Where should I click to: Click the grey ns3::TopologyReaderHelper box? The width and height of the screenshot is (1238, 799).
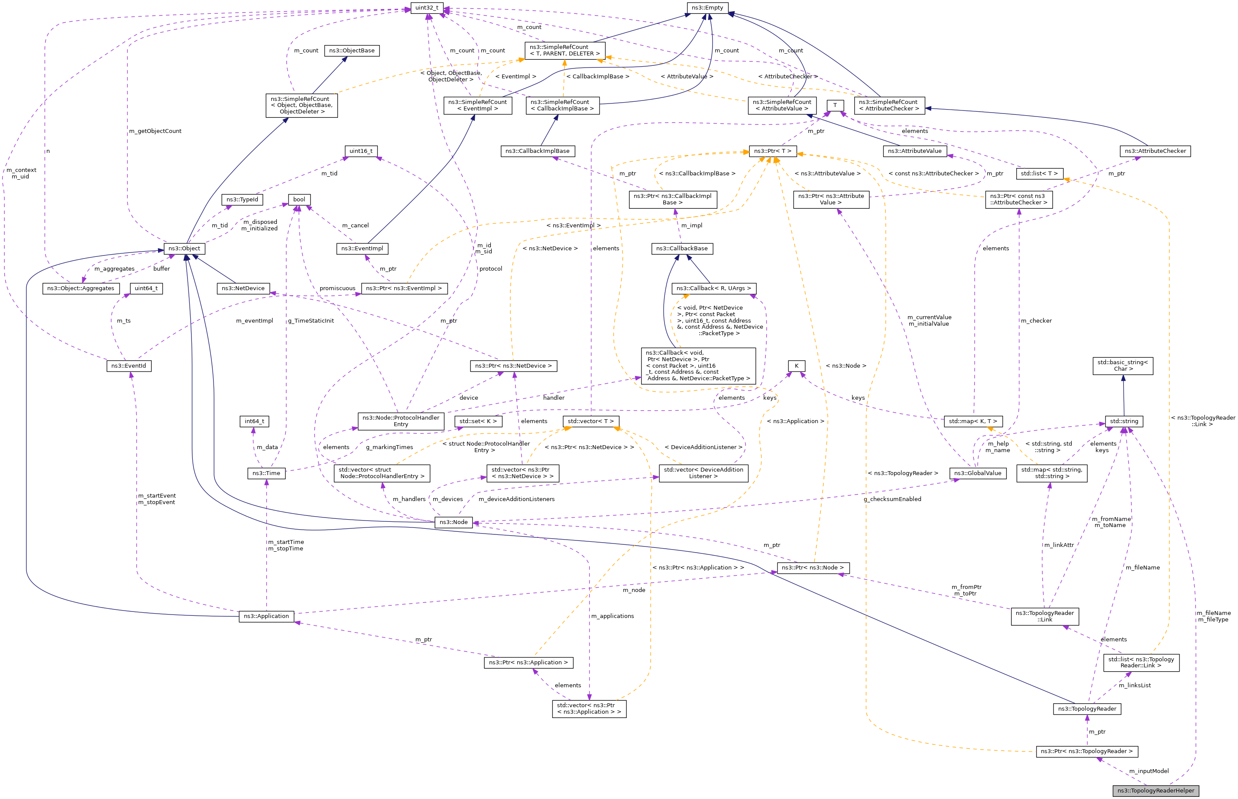(x=1156, y=790)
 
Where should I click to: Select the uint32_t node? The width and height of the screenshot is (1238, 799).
(x=427, y=8)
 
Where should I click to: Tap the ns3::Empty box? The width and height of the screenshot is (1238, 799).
(x=707, y=8)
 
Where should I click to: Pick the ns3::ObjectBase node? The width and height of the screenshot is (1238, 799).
(x=351, y=50)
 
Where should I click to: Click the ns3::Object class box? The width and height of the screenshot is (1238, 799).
(x=184, y=249)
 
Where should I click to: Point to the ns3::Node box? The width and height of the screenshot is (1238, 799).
(x=453, y=522)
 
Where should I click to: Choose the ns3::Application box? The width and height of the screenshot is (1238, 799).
(x=266, y=616)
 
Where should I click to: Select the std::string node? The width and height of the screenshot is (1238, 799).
(x=1124, y=421)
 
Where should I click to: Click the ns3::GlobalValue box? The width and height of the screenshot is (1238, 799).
(x=978, y=473)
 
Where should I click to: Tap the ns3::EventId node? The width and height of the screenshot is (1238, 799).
(x=128, y=366)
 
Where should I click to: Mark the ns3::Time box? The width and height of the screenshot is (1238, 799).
(x=266, y=473)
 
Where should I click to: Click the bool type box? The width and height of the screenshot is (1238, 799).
(x=299, y=199)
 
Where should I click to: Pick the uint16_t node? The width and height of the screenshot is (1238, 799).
(x=360, y=151)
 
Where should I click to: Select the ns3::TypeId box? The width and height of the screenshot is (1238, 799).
(x=242, y=199)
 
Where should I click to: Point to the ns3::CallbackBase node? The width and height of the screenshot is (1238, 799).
(x=681, y=249)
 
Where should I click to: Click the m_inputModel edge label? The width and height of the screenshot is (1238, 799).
(x=1149, y=771)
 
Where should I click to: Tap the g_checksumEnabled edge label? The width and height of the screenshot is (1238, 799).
(x=892, y=499)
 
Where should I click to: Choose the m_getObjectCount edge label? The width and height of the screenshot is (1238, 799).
(x=155, y=131)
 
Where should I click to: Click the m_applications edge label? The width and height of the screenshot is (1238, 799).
(x=612, y=616)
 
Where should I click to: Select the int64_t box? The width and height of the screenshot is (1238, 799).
(x=254, y=421)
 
